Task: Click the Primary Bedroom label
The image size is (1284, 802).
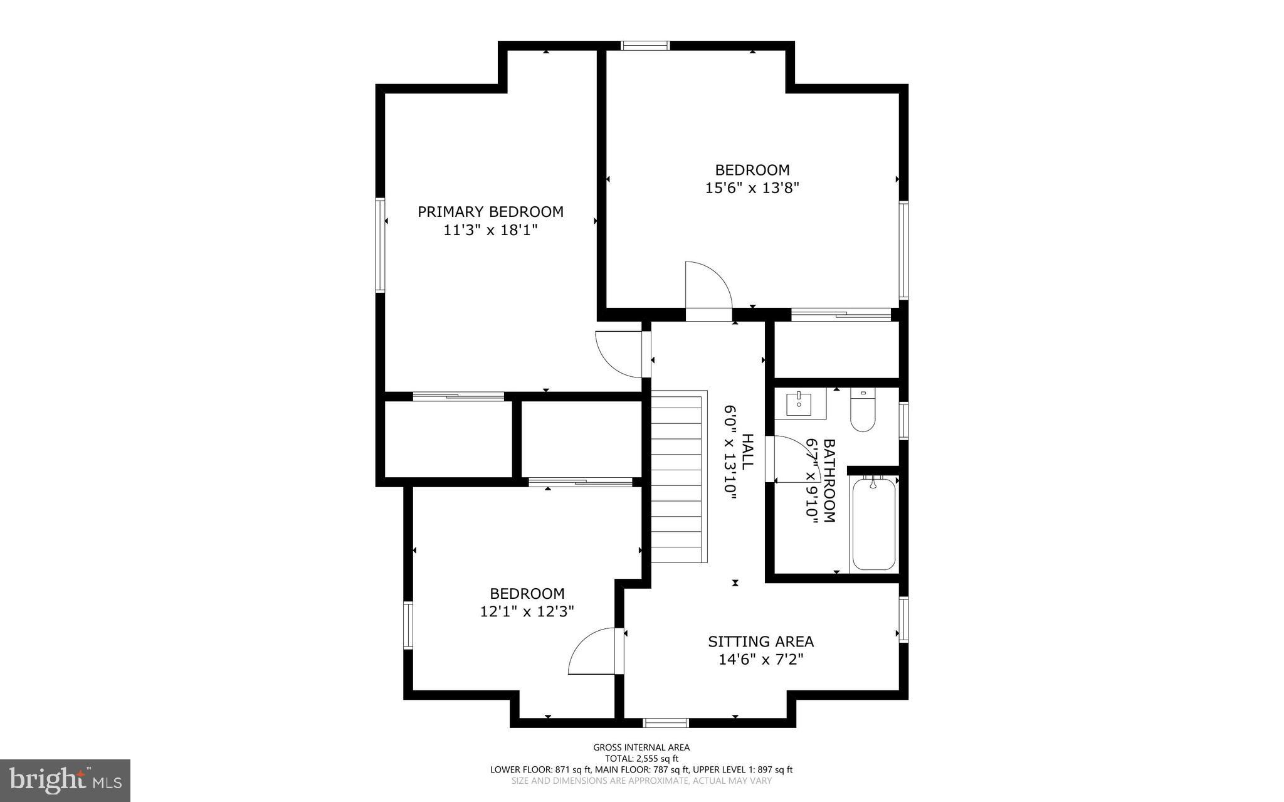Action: (x=490, y=212)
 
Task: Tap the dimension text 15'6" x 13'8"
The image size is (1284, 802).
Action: (x=752, y=187)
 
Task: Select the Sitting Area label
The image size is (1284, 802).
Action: (x=760, y=641)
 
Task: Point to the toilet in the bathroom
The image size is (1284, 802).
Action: (x=863, y=411)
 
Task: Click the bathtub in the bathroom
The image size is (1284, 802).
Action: (x=874, y=524)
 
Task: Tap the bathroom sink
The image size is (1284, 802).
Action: (x=799, y=404)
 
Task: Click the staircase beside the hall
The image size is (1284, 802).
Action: (x=678, y=477)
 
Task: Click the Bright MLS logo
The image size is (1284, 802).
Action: (x=65, y=780)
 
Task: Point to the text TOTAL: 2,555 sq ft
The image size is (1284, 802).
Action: (x=641, y=758)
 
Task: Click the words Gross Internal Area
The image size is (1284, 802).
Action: (x=641, y=747)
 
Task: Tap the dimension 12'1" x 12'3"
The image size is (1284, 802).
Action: (x=527, y=611)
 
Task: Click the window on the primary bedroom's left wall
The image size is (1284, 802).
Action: (x=380, y=245)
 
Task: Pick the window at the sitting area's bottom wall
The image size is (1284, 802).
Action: (x=666, y=723)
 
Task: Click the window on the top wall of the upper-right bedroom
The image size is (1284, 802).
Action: (x=645, y=45)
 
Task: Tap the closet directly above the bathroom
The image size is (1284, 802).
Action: (x=836, y=350)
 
